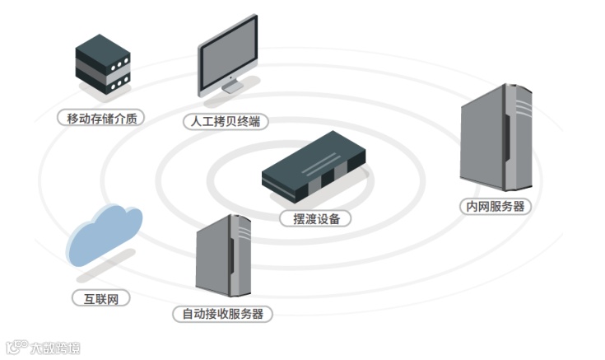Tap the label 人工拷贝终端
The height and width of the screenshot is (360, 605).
point(226,121)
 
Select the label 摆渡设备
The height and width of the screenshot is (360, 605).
point(315,219)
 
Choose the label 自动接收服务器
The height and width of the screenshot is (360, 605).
point(222,314)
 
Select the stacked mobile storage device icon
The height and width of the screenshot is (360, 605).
point(103,64)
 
